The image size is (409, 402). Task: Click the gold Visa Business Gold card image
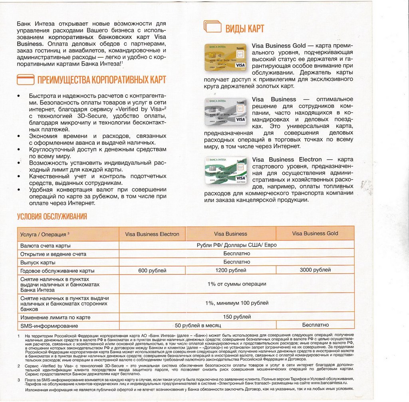point(225,57)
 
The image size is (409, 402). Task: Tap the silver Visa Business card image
point(225,111)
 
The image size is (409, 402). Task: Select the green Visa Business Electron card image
point(225,170)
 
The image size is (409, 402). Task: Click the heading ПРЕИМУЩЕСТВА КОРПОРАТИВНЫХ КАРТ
point(101,80)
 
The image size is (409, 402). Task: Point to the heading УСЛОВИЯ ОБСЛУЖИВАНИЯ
point(52,217)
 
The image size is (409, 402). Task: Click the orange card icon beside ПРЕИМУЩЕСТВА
point(25,80)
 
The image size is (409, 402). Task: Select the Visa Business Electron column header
point(152,234)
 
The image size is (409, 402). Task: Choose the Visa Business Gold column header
point(315,234)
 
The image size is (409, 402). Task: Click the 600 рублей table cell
point(152,271)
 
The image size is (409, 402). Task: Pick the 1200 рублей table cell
point(230,271)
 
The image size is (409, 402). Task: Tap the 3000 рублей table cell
point(315,270)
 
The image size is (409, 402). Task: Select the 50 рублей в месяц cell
point(198,325)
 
